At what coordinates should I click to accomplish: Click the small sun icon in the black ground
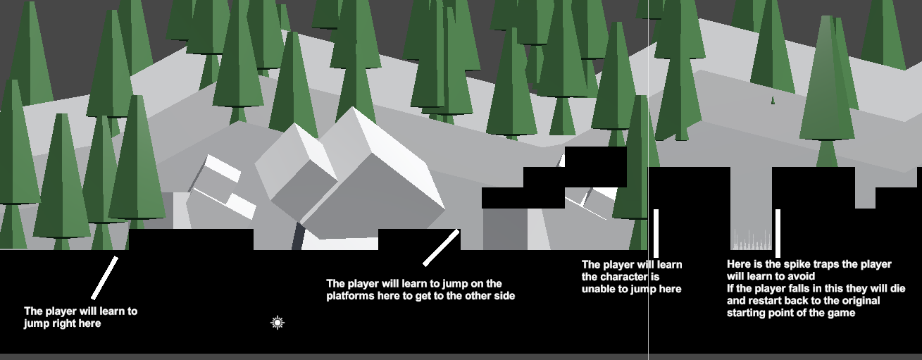(x=278, y=323)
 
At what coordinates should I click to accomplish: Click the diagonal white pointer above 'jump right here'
(x=104, y=278)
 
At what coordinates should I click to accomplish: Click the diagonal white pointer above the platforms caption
(x=441, y=247)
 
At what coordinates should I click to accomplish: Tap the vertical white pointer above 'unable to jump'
(x=656, y=234)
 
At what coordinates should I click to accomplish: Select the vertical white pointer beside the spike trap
(x=778, y=234)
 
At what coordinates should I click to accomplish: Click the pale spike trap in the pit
(x=752, y=240)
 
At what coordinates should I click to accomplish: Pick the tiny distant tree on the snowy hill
(x=773, y=100)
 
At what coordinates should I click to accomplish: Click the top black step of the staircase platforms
(x=596, y=157)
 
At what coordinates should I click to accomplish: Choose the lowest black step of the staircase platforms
(x=523, y=198)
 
